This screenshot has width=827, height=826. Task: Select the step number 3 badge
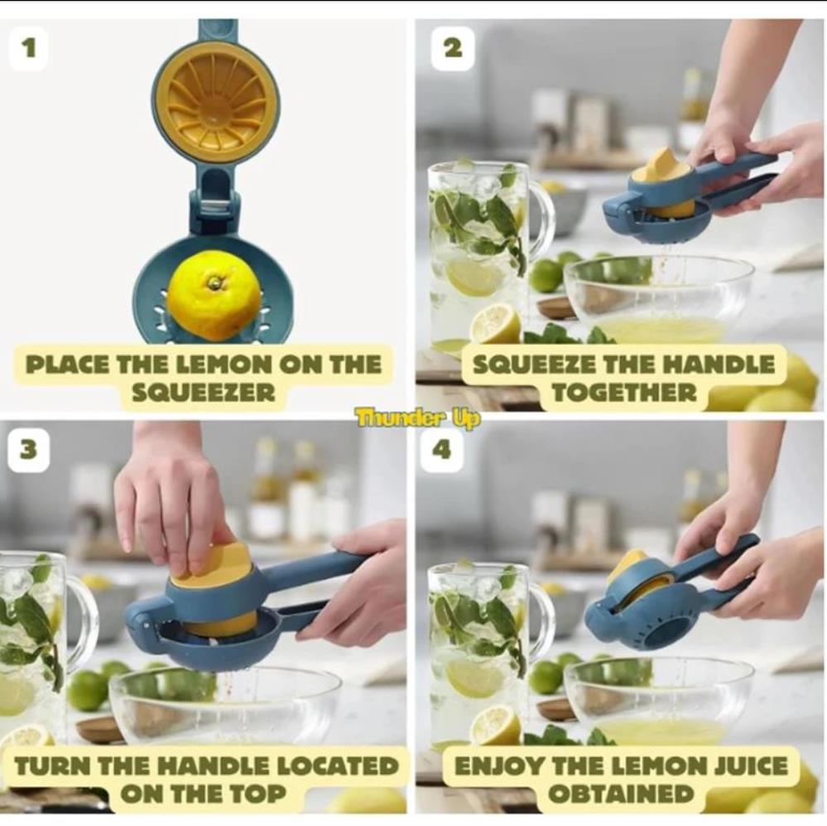28,450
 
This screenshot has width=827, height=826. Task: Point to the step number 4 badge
443,450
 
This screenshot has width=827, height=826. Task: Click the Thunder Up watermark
418,419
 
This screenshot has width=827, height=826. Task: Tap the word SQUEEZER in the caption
203,392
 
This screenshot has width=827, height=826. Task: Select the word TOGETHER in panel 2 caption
624,392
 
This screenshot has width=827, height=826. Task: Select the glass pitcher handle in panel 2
539,219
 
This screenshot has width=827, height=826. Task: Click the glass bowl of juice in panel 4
659,702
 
